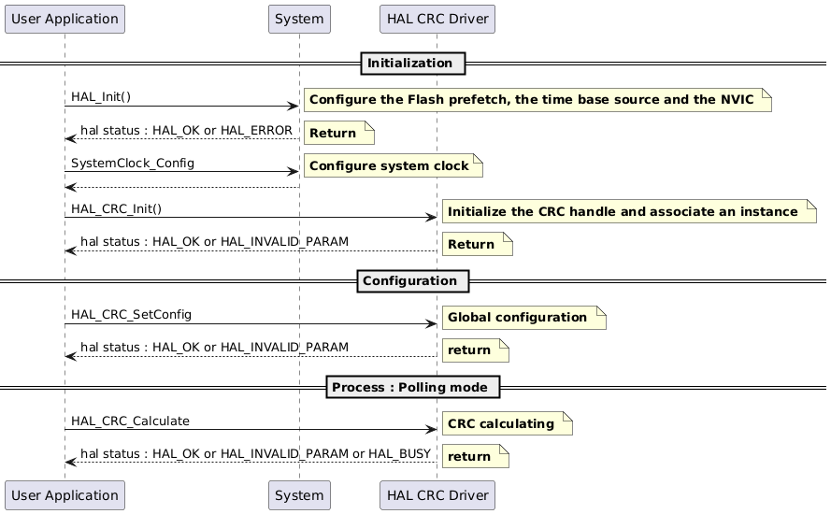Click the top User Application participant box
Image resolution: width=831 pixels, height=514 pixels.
coord(64,19)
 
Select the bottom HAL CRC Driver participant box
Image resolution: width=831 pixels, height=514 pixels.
coord(437,494)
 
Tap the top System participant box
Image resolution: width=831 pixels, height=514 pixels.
coord(299,19)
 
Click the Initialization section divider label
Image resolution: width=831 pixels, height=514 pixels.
coord(409,64)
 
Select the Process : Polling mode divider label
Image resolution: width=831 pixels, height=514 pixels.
coord(413,387)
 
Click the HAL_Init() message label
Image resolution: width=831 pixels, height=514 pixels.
coord(101,97)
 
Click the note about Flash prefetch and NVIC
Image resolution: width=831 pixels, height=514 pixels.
coord(537,100)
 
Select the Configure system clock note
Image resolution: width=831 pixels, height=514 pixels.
coord(393,165)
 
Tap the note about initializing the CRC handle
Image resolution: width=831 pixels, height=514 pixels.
coord(628,211)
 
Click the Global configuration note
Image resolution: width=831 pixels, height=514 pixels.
coord(523,318)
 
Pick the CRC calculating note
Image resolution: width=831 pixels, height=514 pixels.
coord(506,424)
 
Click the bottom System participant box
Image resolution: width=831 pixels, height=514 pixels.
coord(299,494)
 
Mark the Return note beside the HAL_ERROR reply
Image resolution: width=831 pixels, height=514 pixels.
coord(337,134)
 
